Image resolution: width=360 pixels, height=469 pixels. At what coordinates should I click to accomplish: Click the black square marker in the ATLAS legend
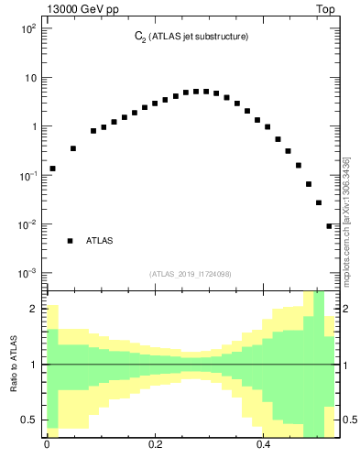coord(70,241)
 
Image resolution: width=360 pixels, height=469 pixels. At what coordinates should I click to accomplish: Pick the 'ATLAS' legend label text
coord(100,241)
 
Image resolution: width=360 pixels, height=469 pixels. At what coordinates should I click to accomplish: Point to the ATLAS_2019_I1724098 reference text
coord(191,274)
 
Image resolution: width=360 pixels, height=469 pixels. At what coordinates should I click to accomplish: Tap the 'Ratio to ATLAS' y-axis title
coord(14,365)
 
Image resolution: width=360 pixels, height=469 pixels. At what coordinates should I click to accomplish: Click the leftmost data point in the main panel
coord(52,169)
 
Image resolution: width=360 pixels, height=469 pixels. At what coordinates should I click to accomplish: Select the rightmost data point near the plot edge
coord(330,226)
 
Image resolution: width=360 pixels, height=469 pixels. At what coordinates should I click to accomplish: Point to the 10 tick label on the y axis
coord(29,77)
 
